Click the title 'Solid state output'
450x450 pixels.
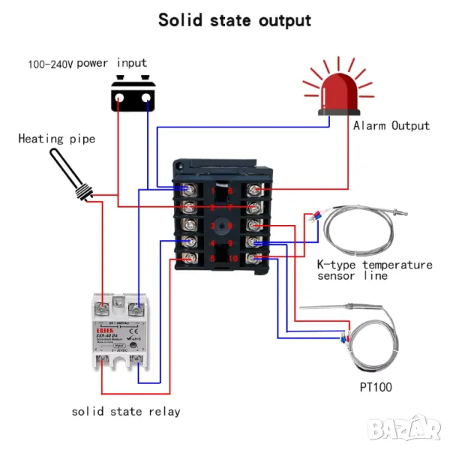pyautogui.click(x=234, y=19)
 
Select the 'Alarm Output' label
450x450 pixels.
pyautogui.click(x=391, y=125)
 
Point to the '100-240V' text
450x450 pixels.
pyautogui.click(x=49, y=64)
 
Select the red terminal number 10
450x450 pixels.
pyautogui.click(x=234, y=259)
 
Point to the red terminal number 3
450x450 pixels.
pyautogui.click(x=213, y=225)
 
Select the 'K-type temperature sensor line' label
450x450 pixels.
pyautogui.click(x=374, y=270)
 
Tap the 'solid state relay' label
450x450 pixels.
pyautogui.click(x=126, y=411)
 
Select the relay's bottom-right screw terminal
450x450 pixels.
pyautogui.click(x=136, y=361)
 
